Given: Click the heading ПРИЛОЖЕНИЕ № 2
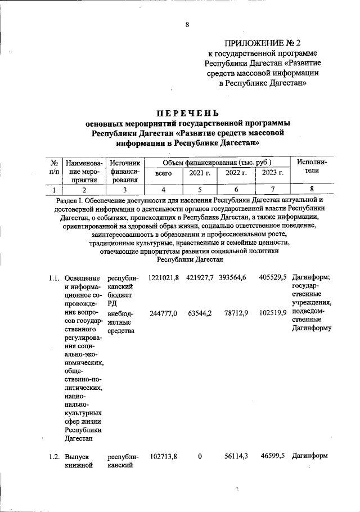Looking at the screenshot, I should click(x=263, y=43).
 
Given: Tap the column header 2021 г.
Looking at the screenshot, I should click(x=200, y=174).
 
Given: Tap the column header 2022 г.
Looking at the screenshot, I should click(x=236, y=174).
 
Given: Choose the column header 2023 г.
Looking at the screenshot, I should click(x=272, y=174).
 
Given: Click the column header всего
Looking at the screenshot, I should click(x=163, y=174).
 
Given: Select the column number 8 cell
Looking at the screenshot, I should click(x=311, y=190).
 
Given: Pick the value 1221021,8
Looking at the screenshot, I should click(x=163, y=278).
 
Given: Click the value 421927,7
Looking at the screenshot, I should click(x=200, y=278).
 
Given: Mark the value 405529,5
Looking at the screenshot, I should click(x=273, y=278).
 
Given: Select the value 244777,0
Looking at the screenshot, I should click(x=163, y=313).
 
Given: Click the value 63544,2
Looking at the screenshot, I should click(x=200, y=313).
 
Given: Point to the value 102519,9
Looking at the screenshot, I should click(x=273, y=313).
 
